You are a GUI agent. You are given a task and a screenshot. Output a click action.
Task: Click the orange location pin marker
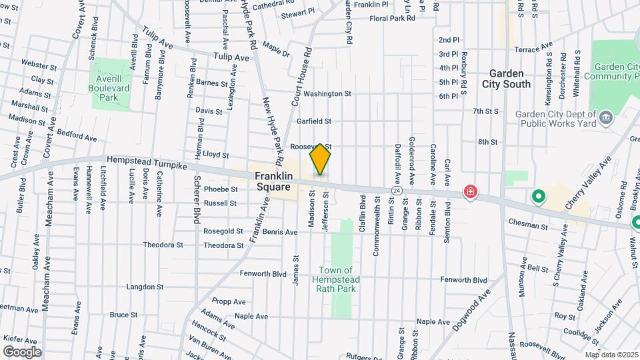coord(320,159)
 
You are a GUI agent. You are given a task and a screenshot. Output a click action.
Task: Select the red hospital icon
coord(471,193)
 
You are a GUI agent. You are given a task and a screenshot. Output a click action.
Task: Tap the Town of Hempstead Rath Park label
coord(337,279)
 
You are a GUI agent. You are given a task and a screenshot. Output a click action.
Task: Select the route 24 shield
coord(397,191)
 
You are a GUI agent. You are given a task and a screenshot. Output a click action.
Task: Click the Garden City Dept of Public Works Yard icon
coord(606,119)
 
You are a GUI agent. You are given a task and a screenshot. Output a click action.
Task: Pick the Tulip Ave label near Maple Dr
coord(231,58)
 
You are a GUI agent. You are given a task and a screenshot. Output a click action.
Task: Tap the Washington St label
coord(327,94)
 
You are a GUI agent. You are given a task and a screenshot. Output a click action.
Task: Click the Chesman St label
coord(527,226)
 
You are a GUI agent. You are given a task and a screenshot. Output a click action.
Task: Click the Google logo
coord(23,351)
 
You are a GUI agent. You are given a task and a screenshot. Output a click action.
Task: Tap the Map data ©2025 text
coord(611,355)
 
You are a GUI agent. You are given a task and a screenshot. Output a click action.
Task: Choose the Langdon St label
coord(145,287)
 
